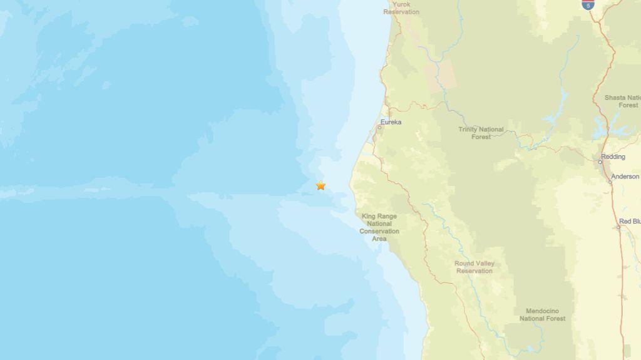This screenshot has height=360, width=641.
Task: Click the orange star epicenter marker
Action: point(320,185)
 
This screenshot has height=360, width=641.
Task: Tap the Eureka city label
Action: point(391,122)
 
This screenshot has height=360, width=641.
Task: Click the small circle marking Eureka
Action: point(379,128)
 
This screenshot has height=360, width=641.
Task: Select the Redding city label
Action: point(613,157)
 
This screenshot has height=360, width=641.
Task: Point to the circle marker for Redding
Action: point(600,162)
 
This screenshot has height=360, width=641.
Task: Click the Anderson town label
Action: point(625,177)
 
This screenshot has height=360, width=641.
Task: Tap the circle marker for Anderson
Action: point(610,182)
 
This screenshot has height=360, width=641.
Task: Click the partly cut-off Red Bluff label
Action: point(629,221)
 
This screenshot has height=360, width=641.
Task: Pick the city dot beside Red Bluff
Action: point(618,227)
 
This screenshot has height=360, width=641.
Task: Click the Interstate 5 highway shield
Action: point(587,4)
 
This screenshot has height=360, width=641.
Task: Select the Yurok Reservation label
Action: point(401,8)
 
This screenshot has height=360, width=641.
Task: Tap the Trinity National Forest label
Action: point(481,133)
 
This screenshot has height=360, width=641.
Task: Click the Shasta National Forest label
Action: point(622,101)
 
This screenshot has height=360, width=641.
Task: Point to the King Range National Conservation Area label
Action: point(379,227)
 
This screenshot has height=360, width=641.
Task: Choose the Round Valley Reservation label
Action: point(474,267)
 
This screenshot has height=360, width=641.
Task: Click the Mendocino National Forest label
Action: point(542,315)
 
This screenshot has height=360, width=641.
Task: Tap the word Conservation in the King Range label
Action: point(379,231)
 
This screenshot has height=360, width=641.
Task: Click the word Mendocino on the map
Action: point(542,311)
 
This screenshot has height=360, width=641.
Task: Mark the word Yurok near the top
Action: point(401,4)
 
